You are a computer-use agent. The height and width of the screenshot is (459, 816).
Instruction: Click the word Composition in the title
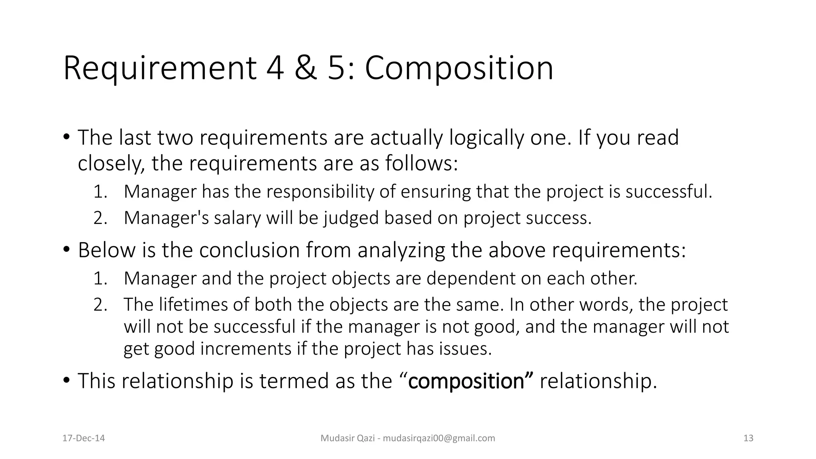[x=459, y=69]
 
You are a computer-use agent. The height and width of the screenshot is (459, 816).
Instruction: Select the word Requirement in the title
[x=159, y=69]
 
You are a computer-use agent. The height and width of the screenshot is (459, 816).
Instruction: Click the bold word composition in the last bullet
[x=466, y=381]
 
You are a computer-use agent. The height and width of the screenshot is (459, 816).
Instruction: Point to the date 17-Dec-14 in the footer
[x=84, y=438]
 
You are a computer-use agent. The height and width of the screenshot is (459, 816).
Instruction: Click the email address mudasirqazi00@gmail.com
[x=439, y=438]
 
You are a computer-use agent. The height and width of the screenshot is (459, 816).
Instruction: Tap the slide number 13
[x=748, y=438]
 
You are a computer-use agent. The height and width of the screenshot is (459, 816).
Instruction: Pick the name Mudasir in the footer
[x=335, y=438]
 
